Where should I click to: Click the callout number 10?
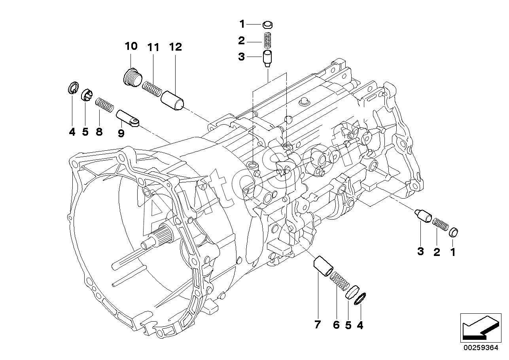tap(131, 46)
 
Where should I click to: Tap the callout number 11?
tap(153, 47)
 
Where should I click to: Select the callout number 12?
tap(176, 47)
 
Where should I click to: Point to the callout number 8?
tap(99, 132)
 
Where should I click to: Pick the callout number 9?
tap(121, 133)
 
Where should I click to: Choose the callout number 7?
tap(318, 324)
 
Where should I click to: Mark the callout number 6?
tap(336, 325)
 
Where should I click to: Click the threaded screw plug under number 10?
tap(133, 76)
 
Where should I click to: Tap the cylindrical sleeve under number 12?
tap(172, 101)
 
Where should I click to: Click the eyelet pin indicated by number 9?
tap(128, 118)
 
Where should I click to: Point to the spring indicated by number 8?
tap(104, 105)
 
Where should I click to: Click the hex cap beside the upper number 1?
tap(268, 25)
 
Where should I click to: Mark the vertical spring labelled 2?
tap(267, 40)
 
